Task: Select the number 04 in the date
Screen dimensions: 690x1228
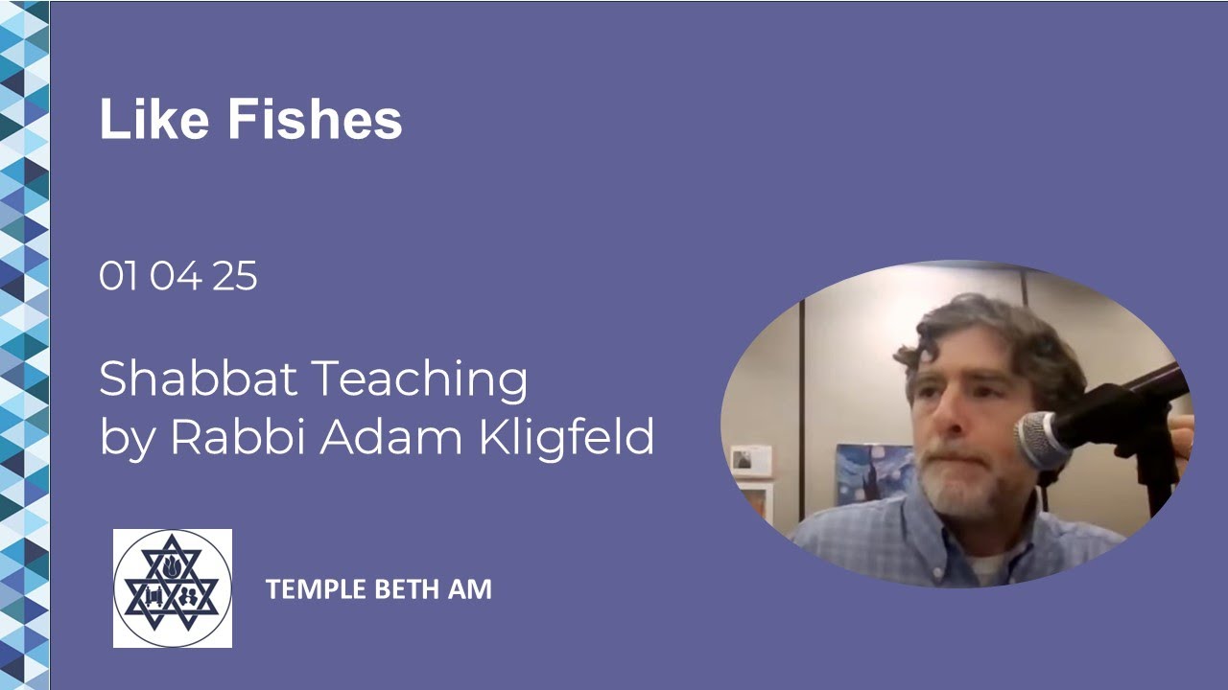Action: click(176, 277)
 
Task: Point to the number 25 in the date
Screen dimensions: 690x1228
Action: click(235, 277)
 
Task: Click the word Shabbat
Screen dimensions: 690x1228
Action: click(199, 379)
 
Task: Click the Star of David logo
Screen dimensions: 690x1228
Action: click(173, 588)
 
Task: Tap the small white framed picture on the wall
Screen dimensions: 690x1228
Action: click(751, 461)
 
